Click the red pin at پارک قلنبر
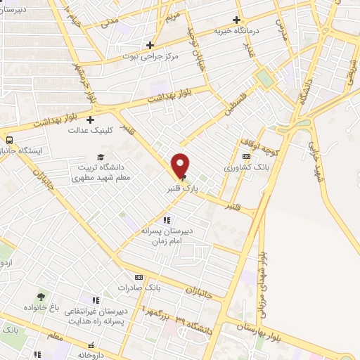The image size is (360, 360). tap(181, 165)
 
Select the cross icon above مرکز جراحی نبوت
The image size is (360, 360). tap(150, 45)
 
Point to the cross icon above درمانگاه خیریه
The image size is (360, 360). tap(238, 20)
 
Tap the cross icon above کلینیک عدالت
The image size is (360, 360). tap(91, 120)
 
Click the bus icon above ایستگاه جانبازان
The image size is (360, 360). tap(8, 139)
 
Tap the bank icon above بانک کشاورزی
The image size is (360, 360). tap(245, 157)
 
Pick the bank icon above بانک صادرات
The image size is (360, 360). tap(139, 278)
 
